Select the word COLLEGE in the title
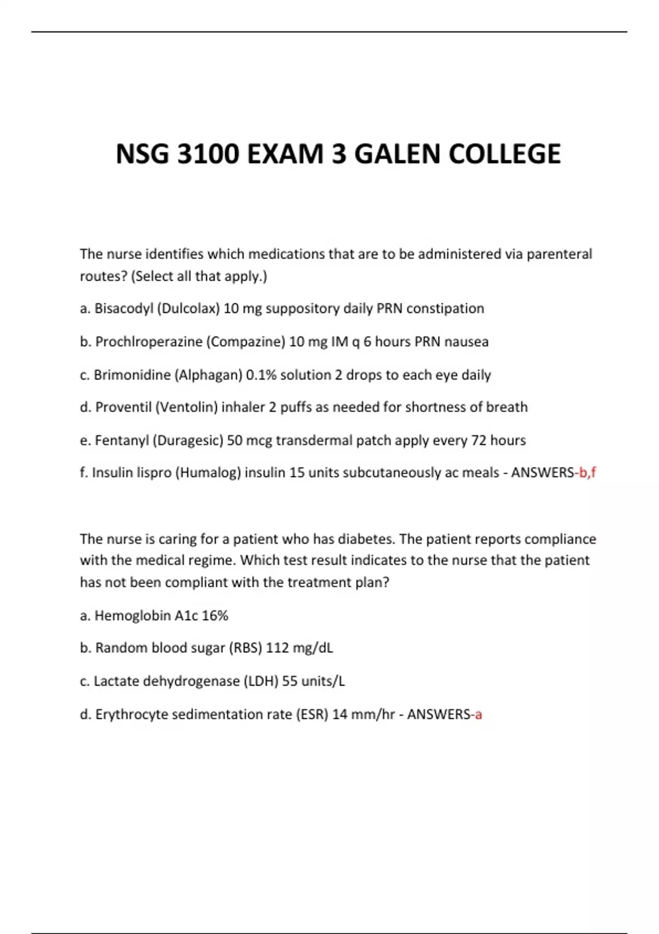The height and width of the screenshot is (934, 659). point(505,154)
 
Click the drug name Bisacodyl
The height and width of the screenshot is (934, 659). point(124,309)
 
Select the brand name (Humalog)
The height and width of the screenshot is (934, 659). point(208,472)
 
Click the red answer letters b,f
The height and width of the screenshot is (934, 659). point(588,472)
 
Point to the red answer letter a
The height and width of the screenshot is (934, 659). point(478,714)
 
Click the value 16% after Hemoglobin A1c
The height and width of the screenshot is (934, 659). point(215,615)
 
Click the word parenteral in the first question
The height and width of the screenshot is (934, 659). point(559,254)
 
